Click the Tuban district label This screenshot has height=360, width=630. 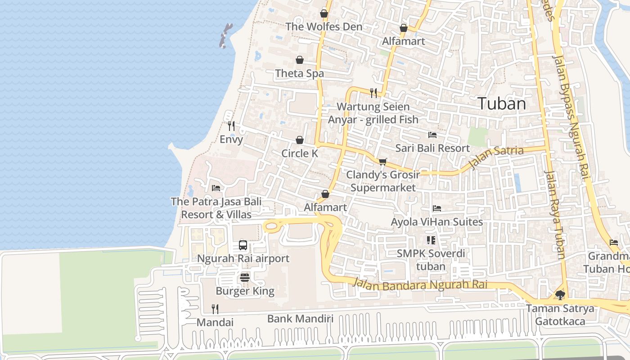pos(501,104)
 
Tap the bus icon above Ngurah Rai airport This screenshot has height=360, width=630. pos(243,245)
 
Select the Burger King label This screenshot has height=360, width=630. pos(245,291)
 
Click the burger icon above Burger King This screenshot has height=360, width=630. pos(245,277)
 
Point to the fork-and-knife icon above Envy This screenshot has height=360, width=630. pos(231,126)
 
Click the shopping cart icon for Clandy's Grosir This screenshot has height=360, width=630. pos(382,162)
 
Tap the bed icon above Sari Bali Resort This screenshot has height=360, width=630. pos(432,135)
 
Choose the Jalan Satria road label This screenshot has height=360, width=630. pos(496,157)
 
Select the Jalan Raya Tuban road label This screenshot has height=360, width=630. pos(554,214)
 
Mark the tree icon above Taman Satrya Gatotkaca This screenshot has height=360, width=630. pos(560,295)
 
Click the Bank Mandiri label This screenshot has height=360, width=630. pos(300,319)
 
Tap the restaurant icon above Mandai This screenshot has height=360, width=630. pos(215,309)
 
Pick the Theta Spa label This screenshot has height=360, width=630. pos(299,73)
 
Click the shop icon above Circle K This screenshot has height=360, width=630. pos(300,140)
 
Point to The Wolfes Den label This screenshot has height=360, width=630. pos(324,27)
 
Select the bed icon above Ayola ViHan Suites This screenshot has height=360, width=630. pos(436,208)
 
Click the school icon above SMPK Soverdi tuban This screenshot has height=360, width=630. pos(431,240)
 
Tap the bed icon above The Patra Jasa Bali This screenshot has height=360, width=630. pos(216,188)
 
